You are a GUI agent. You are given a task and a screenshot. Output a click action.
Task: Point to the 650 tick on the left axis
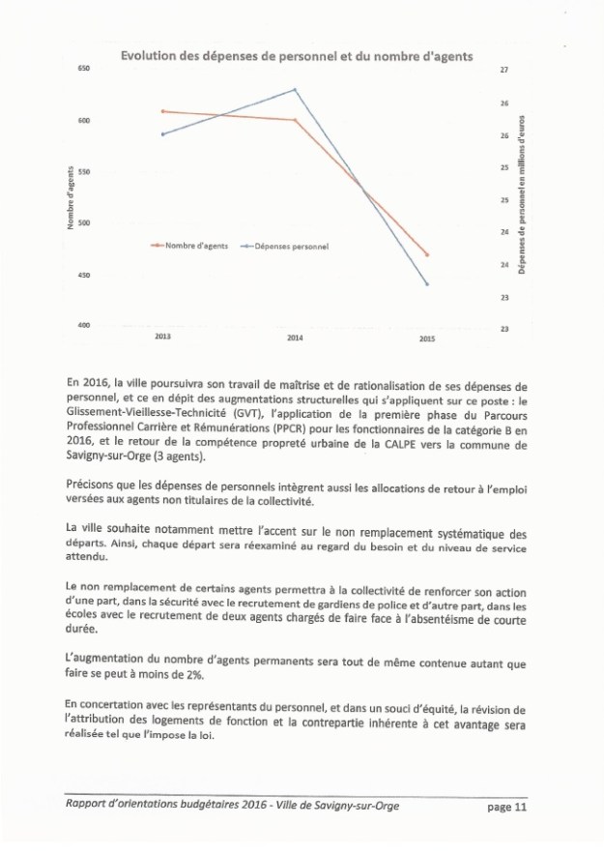tap(82, 70)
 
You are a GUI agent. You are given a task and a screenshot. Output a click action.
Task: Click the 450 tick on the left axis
tap(82, 276)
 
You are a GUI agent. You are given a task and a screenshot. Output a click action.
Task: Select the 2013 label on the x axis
tap(162, 335)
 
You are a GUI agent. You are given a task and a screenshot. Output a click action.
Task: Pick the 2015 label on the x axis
tap(426, 339)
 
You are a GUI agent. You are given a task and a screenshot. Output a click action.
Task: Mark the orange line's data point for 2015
tap(426, 254)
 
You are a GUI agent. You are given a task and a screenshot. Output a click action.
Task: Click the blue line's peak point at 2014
tap(295, 90)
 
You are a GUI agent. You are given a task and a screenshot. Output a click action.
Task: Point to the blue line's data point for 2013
tap(162, 134)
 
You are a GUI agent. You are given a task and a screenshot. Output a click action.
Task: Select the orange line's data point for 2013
tap(162, 111)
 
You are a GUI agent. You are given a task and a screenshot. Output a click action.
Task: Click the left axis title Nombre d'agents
tap(70, 198)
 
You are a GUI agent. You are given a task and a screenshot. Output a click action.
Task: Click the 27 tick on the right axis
tap(503, 70)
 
